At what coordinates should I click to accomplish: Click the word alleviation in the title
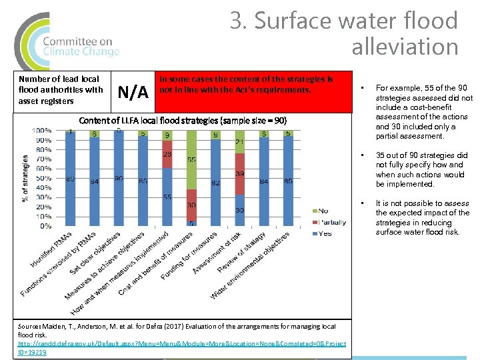point(405,47)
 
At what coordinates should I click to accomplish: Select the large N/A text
point(132,91)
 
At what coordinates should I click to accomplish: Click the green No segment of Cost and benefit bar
point(191,164)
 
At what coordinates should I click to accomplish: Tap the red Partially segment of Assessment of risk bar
point(239,173)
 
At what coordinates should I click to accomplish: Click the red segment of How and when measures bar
point(167,154)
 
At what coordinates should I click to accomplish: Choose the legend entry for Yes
point(323,233)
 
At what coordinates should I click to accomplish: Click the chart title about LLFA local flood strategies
point(183,121)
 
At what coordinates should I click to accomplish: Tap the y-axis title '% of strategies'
point(25,178)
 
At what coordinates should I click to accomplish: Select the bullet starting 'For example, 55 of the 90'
point(423,111)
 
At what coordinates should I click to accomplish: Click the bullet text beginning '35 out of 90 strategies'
point(421,169)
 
